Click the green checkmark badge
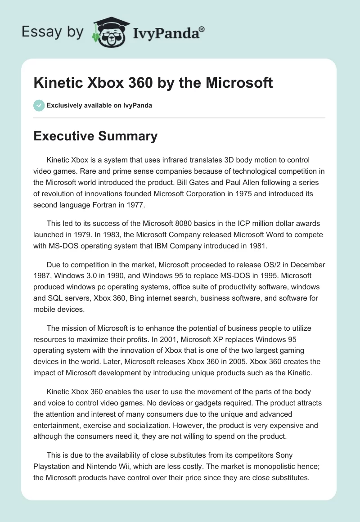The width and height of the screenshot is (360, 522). (39, 105)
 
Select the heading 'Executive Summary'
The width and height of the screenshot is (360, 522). (95, 136)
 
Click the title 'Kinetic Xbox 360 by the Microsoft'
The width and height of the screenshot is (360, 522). (153, 83)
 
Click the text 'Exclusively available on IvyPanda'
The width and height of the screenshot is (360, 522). (99, 105)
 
